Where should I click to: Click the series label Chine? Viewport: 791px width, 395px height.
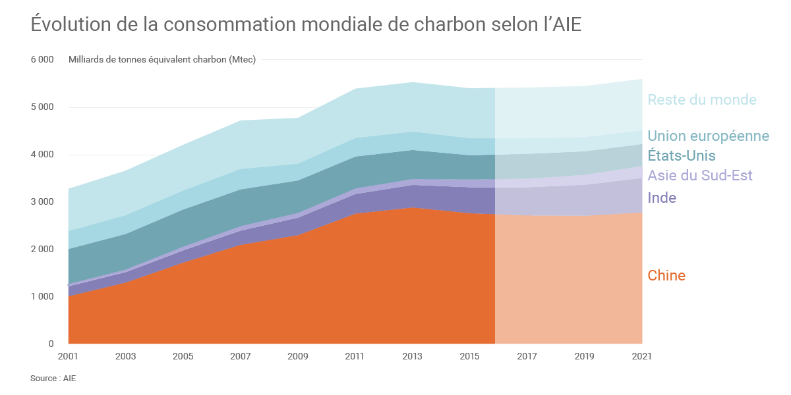[x=666, y=276]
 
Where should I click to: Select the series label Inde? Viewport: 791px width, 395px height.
[x=662, y=198]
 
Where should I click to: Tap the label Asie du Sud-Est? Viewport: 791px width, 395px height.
[x=700, y=176]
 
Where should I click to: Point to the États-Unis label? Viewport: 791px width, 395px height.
[x=682, y=156]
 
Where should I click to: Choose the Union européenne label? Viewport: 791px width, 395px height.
[x=708, y=136]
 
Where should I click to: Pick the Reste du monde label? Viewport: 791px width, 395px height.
[x=702, y=100]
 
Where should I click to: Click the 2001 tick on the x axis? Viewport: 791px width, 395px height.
[x=68, y=357]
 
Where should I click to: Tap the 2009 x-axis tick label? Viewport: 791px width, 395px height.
[x=298, y=357]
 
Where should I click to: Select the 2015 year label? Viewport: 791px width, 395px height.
[x=470, y=357]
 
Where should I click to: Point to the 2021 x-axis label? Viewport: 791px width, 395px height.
[x=641, y=357]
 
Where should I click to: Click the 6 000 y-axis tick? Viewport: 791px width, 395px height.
[x=42, y=60]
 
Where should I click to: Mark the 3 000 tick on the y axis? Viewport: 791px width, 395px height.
[x=42, y=202]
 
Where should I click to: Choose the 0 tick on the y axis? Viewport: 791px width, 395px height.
[x=51, y=344]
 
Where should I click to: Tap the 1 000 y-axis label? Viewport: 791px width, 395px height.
[x=42, y=297]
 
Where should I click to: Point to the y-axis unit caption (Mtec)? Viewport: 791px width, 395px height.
[x=162, y=60]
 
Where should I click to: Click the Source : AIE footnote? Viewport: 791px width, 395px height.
[x=53, y=379]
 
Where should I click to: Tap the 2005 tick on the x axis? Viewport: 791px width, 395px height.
[x=183, y=357]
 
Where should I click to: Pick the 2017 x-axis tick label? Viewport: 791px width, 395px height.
[x=527, y=357]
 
